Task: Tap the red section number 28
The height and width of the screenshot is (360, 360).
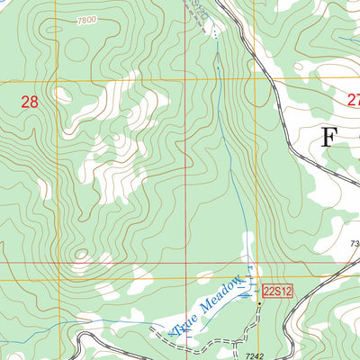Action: click(x=30, y=103)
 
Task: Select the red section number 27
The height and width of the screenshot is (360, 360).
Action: click(x=353, y=103)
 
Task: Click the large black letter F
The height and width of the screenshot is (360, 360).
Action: click(x=329, y=138)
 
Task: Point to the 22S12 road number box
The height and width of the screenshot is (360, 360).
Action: click(x=279, y=290)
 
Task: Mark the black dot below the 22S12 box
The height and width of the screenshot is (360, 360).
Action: click(x=260, y=304)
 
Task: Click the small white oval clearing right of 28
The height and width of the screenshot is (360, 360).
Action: click(x=62, y=94)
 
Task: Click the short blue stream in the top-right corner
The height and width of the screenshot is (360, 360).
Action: click(x=346, y=40)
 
